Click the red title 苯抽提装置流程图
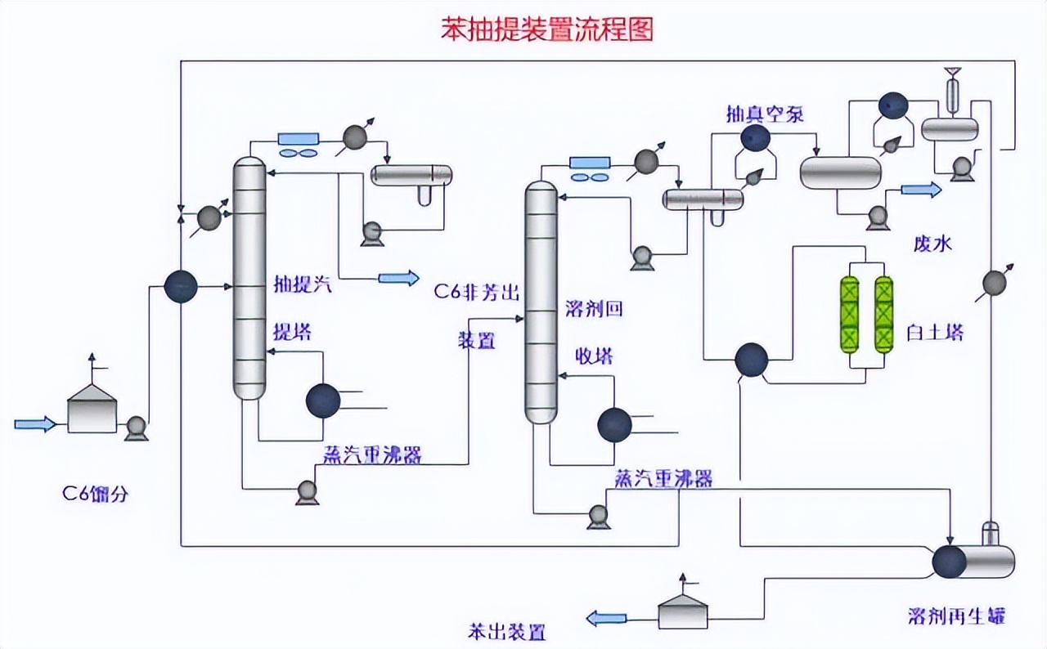547,29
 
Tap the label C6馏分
96,494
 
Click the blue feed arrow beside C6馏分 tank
35,423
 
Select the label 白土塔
935,333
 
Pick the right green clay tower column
883,315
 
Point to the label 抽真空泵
765,114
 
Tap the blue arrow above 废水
921,190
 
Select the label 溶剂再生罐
956,615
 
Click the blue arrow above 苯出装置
605,618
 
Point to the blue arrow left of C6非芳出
398,278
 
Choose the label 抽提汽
303,286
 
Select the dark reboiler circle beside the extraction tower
323,401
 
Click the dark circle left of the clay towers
751,359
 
